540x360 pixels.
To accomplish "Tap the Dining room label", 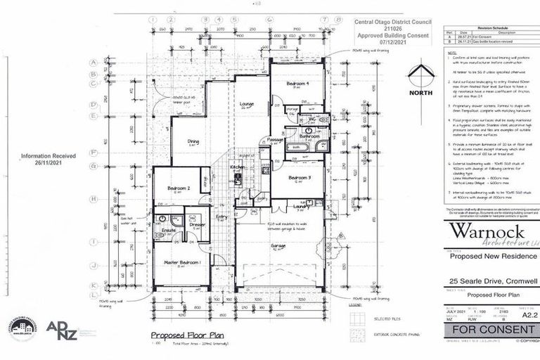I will (193, 141).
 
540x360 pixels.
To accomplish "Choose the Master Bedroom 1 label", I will (182, 262).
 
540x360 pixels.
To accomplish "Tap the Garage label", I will (279, 245).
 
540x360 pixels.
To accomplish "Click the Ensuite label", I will (169, 229).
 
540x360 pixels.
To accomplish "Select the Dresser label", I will (198, 225).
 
